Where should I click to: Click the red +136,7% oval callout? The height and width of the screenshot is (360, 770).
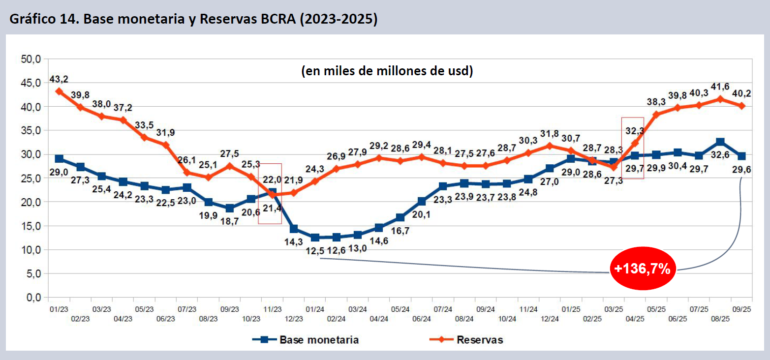tap(643, 269)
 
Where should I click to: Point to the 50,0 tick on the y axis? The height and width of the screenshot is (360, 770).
tap(31, 59)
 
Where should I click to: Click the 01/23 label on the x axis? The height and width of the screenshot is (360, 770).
tap(59, 309)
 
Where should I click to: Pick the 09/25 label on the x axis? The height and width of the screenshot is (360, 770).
tap(741, 309)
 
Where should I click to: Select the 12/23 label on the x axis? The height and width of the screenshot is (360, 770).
tap(294, 319)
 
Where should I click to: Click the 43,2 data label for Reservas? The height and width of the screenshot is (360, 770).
tap(59, 79)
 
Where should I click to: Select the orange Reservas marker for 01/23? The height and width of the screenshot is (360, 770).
tap(59, 91)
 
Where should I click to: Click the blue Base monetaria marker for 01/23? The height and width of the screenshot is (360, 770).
tap(59, 159)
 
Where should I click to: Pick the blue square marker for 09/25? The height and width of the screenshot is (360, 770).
tap(741, 156)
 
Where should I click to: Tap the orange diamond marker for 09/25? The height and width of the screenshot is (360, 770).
tap(741, 106)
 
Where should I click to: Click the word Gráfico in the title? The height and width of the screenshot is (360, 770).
tap(29, 20)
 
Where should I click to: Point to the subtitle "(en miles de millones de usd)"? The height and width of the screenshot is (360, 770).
tap(387, 71)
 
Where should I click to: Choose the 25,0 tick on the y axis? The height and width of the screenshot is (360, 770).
tap(31, 178)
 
